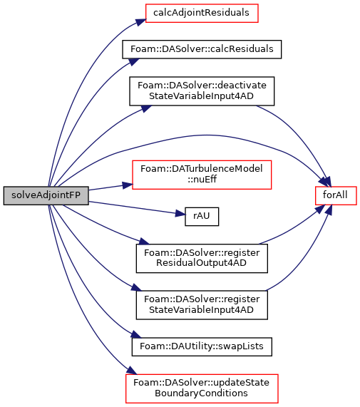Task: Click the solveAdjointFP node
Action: pyautogui.click(x=46, y=195)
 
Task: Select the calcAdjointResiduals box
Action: pyautogui.click(x=202, y=13)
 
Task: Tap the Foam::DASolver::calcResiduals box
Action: pyautogui.click(x=202, y=49)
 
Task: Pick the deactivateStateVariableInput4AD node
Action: pyautogui.click(x=202, y=91)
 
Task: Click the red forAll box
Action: pyautogui.click(x=336, y=195)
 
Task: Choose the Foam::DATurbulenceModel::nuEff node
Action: pyautogui.click(x=202, y=175)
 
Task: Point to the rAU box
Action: pyautogui.click(x=202, y=217)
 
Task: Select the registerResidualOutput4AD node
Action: pyautogui.click(x=202, y=258)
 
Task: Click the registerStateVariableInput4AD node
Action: pyautogui.click(x=202, y=305)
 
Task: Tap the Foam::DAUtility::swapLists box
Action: pyautogui.click(x=202, y=347)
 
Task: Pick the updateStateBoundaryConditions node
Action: pyautogui.click(x=202, y=388)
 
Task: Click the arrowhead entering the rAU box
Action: pyautogui.click(x=180, y=214)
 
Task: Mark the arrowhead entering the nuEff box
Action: pyautogui.click(x=128, y=185)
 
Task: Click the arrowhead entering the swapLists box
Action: pyautogui.click(x=135, y=334)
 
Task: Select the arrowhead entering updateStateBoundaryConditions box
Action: pyautogui.click(x=131, y=371)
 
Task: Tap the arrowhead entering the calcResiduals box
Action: pyautogui.click(x=134, y=62)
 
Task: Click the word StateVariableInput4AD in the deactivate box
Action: pyautogui.click(x=201, y=96)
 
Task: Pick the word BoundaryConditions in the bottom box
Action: pyautogui.click(x=201, y=393)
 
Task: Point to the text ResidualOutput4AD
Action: pyautogui.click(x=201, y=263)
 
